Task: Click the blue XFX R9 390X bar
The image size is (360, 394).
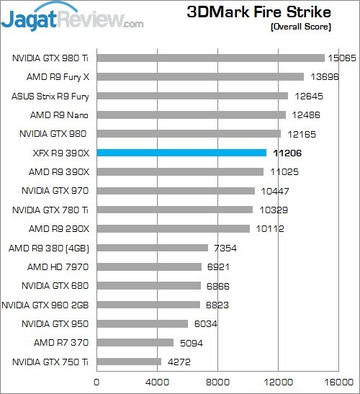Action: point(181,152)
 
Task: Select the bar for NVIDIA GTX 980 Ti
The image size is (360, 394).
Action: point(210,58)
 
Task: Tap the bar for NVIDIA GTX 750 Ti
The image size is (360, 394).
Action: point(129,362)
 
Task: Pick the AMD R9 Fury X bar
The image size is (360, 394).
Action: point(199,76)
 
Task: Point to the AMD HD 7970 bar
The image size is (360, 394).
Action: point(148,267)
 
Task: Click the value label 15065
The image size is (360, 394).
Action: point(343,58)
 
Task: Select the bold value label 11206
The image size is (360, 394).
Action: point(286,153)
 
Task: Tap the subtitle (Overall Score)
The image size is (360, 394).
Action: point(301,27)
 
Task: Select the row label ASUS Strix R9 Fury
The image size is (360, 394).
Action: point(50,96)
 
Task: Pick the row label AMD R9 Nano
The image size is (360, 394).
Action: point(60,115)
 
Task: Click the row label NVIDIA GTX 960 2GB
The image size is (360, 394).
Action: point(46,305)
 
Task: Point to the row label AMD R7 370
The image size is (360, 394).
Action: point(61,342)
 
